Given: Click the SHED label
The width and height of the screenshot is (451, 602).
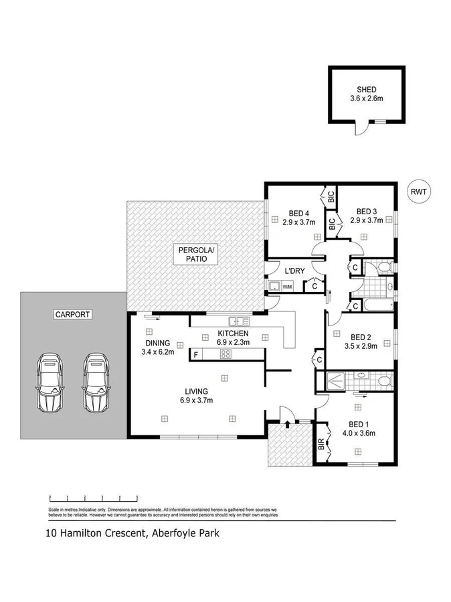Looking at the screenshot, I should (366, 89).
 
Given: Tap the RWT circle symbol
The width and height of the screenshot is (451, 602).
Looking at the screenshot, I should (419, 191).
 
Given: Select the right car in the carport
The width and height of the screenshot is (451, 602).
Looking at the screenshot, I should (96, 382).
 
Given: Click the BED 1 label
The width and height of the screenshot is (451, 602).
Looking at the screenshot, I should (359, 423).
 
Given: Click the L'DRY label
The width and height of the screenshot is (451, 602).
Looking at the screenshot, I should (295, 271).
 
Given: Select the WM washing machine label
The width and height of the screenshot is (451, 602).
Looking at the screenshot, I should (288, 287).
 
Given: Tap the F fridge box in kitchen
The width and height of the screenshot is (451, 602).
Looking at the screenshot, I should (195, 354).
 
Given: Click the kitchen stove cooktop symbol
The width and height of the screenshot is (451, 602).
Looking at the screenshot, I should (226, 354).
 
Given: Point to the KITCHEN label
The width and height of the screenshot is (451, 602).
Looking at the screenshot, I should (234, 333).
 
